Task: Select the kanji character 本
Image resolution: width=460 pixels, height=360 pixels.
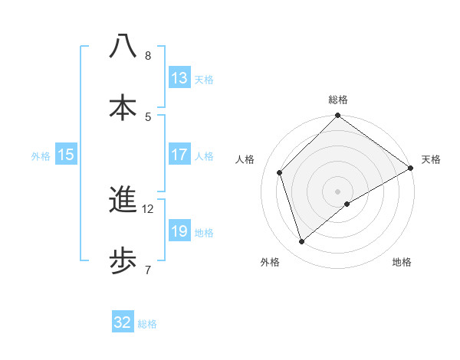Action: coord(123,106)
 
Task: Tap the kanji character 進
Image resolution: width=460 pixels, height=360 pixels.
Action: coord(123,200)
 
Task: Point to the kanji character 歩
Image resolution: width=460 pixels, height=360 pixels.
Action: coord(123,261)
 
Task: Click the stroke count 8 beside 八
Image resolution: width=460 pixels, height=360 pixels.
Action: coord(147,56)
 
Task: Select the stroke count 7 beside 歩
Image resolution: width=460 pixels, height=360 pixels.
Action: coord(147,270)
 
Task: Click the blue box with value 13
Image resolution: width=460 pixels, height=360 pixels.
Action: coord(179,78)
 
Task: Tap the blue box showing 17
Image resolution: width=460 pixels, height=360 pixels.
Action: coord(179,155)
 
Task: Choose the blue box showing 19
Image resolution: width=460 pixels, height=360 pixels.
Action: coord(179,231)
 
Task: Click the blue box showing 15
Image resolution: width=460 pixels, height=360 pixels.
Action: coord(66,155)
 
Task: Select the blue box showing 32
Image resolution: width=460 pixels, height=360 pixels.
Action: coord(123,322)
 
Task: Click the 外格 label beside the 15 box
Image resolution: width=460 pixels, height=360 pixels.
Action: coord(41,155)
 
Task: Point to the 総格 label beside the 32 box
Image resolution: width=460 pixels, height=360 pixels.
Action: coord(147,323)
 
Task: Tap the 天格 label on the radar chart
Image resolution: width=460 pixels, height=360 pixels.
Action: coord(431,159)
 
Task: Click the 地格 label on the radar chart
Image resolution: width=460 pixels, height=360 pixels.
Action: coord(402,263)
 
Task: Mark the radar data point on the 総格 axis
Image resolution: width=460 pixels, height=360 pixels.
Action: coord(337,116)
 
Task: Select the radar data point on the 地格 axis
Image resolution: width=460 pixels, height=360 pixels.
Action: coord(347,204)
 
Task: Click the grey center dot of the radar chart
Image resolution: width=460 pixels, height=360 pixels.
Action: coord(337,191)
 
